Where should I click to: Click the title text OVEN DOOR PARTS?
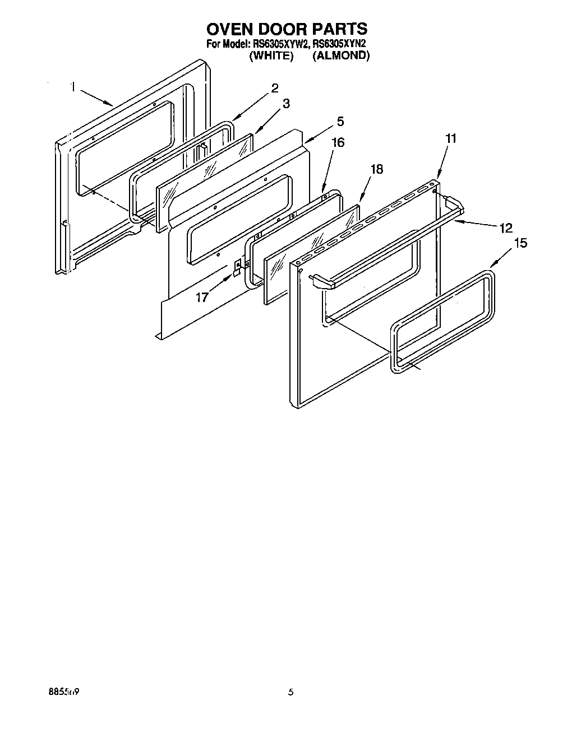287,29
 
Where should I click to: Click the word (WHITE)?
271,55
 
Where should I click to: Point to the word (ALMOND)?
341,55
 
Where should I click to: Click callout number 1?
73,87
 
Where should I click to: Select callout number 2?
275,88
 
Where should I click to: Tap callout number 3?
286,104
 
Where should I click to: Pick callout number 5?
340,122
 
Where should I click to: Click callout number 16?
338,142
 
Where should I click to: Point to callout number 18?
377,169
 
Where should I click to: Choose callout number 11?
451,138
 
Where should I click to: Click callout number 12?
506,228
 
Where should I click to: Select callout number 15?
520,243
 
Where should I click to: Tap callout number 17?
202,297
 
